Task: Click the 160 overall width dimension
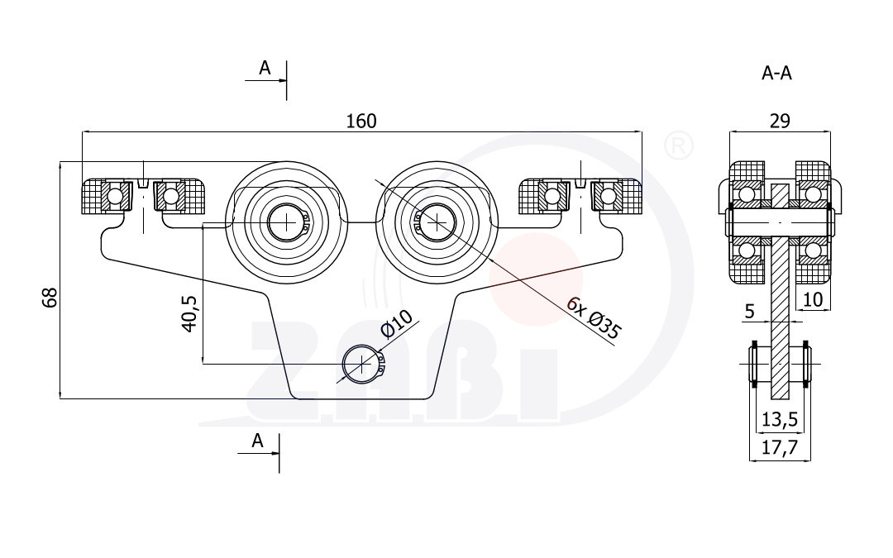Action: click(361, 122)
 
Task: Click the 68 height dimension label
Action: click(50, 298)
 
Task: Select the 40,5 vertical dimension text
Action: click(189, 313)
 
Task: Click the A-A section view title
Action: click(776, 73)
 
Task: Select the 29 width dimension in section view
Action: click(780, 121)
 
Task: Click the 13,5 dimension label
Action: click(780, 420)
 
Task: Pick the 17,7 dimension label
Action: click(780, 447)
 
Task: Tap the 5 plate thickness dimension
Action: click(749, 311)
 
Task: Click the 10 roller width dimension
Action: click(813, 299)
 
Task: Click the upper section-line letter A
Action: click(265, 69)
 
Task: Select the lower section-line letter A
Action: click(257, 441)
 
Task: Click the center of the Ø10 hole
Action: click(361, 364)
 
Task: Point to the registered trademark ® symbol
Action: click(679, 145)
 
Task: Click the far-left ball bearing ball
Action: click(114, 197)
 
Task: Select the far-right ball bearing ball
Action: click(609, 197)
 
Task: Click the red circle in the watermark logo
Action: click(536, 279)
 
